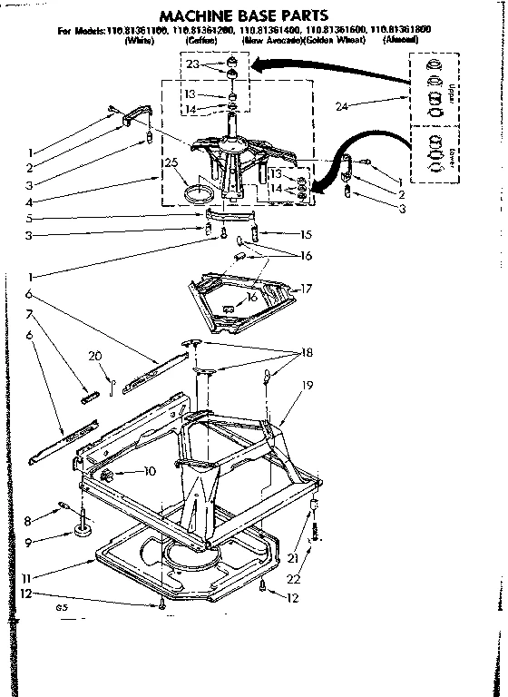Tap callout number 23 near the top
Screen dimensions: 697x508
click(x=191, y=64)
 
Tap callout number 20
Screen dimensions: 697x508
click(x=93, y=356)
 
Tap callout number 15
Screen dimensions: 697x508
click(x=306, y=233)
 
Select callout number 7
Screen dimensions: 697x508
click(x=32, y=313)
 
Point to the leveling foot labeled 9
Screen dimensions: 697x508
click(x=83, y=527)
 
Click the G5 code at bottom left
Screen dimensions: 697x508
click(x=61, y=608)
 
